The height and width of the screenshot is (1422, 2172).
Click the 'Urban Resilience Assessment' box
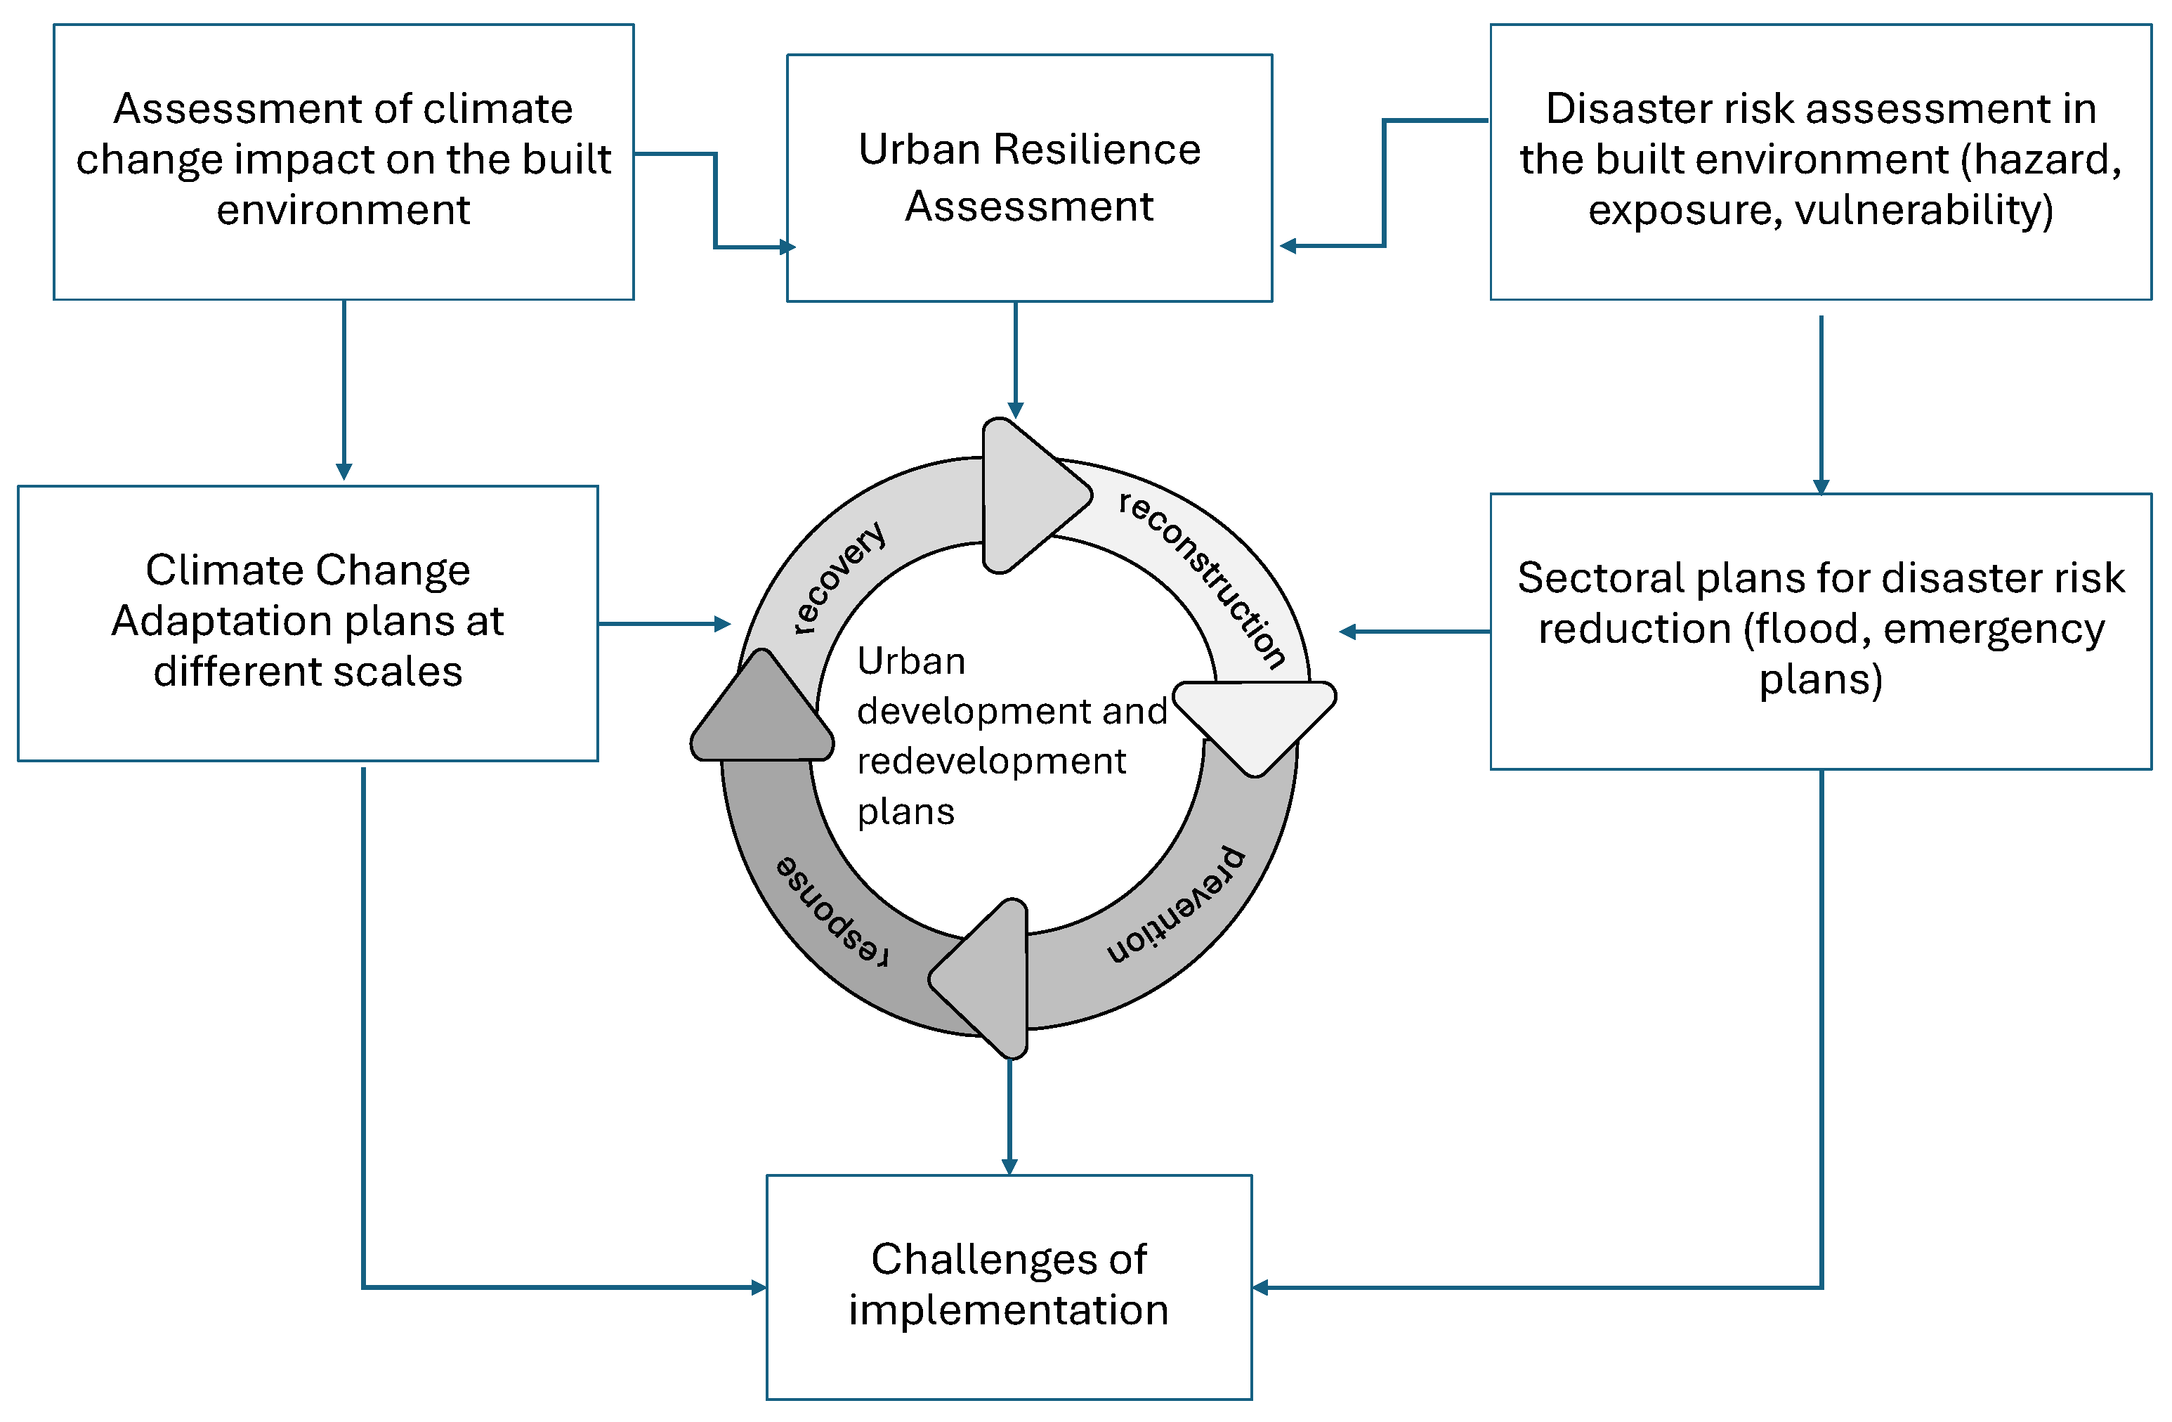tap(1028, 178)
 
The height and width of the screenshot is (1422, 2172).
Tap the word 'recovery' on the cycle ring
tap(838, 578)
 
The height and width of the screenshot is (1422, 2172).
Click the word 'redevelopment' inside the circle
tap(991, 760)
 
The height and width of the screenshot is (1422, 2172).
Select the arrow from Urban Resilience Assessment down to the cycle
tap(1015, 360)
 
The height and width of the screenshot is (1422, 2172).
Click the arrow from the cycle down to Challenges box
tap(1009, 1116)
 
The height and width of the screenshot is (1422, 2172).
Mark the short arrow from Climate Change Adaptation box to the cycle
tap(665, 625)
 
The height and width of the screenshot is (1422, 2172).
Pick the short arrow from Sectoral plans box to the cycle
tap(1415, 631)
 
